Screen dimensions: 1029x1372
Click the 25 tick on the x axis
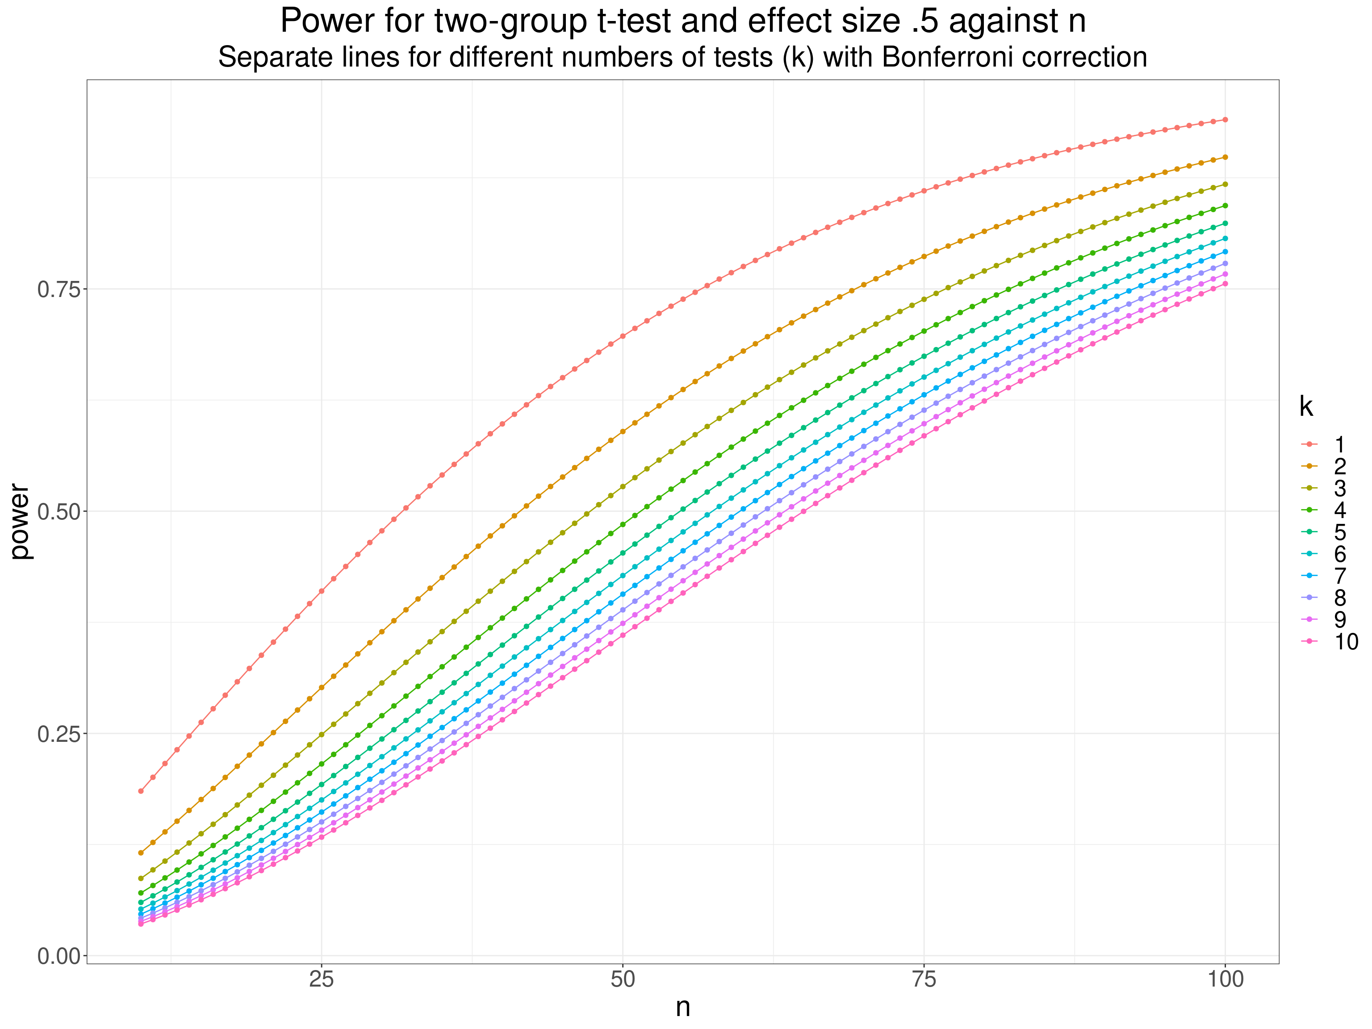[321, 979]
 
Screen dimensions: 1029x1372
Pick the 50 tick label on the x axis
[623, 979]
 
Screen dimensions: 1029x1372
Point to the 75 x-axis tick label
[924, 979]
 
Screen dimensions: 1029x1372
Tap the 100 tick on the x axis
[1226, 979]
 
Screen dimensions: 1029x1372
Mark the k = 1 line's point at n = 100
[1226, 120]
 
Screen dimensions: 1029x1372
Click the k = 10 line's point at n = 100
[1226, 284]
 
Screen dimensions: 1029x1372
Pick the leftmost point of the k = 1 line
[141, 791]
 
